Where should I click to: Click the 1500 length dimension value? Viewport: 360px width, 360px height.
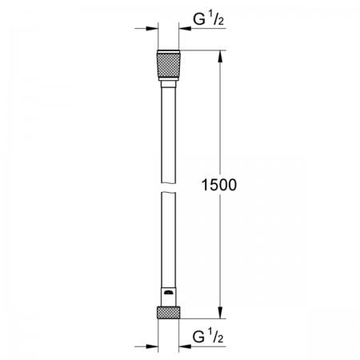219,185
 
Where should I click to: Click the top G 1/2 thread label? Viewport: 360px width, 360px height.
209,19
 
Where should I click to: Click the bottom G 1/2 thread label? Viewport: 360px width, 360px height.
208,336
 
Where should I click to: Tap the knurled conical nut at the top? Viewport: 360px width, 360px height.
169,66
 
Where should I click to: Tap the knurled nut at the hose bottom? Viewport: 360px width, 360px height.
169,313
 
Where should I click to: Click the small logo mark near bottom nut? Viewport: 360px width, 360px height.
169,293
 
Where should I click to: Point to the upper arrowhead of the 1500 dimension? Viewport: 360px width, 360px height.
220,57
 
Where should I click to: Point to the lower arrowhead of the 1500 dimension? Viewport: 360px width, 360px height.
220,312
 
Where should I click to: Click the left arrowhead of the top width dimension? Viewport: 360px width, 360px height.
152,28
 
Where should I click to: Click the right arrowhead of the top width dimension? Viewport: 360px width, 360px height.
185,28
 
